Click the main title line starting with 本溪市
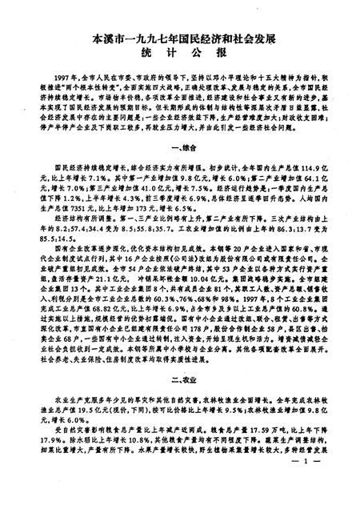pos(179,37)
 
